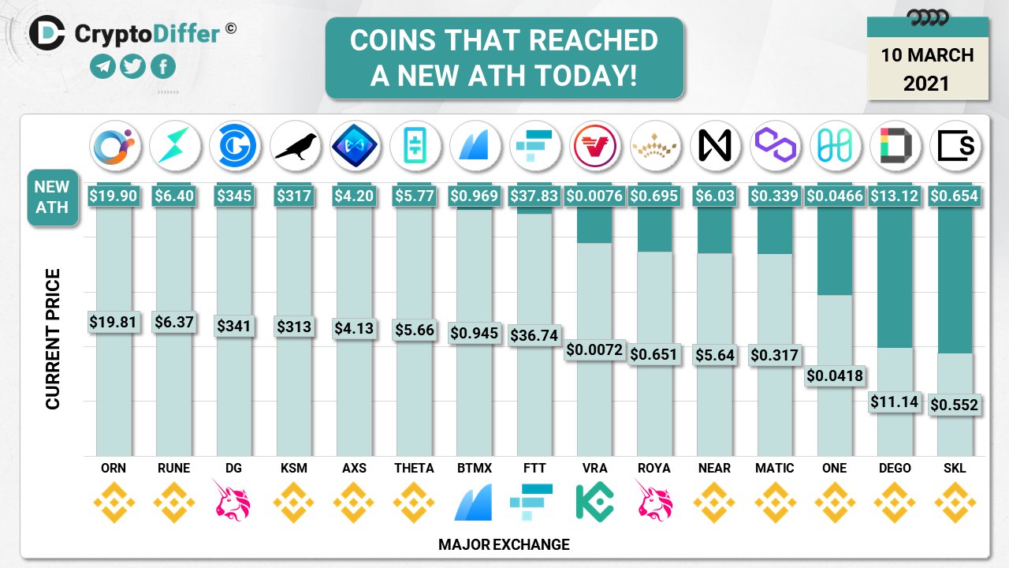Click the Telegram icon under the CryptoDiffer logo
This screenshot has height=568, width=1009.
pos(102,67)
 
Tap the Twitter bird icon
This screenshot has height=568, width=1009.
pos(132,67)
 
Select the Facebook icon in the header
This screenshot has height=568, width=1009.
pos(162,67)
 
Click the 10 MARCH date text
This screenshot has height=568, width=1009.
pos(928,55)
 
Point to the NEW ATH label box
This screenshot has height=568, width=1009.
pos(52,197)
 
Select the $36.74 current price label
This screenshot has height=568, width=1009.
pos(534,334)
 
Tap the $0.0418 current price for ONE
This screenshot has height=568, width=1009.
pos(834,376)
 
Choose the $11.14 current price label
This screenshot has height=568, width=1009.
pos(894,402)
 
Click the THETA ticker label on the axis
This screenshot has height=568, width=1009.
pos(414,468)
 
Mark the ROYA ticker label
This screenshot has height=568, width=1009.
pos(654,468)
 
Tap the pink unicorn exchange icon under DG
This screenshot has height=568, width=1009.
pos(233,503)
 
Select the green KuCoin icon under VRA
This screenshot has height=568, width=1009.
pos(594,503)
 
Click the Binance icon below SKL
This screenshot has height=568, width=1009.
pos(954,503)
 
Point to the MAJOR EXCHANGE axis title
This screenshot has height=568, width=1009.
pos(504,544)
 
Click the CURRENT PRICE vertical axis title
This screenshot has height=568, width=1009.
pos(53,339)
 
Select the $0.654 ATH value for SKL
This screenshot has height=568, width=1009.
pos(954,196)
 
